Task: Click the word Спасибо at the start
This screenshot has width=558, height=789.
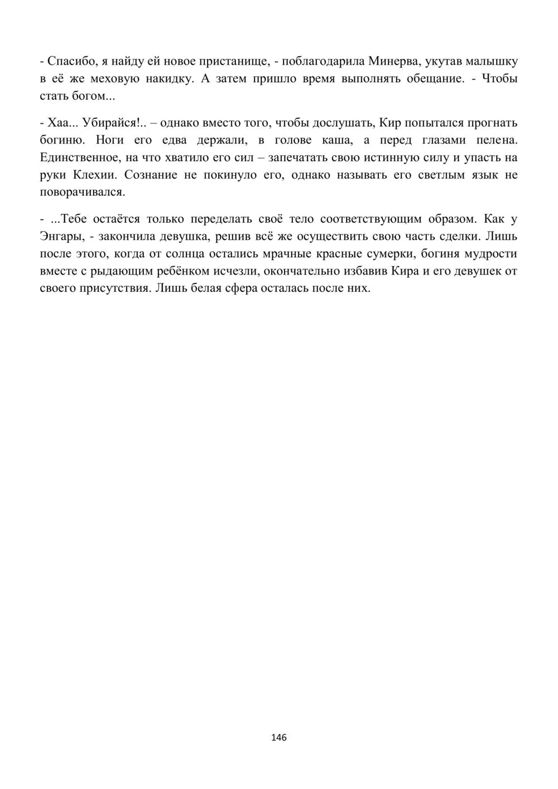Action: point(70,61)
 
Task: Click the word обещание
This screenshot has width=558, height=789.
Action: point(432,78)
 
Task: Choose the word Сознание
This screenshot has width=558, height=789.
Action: point(150,175)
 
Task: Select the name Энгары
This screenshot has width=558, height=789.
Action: point(61,236)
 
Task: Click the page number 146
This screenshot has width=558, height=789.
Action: point(278,737)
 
